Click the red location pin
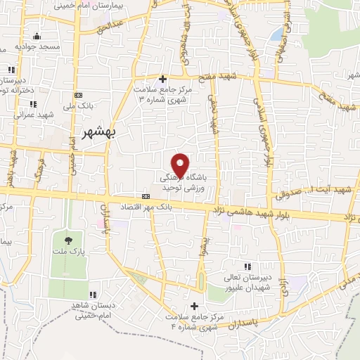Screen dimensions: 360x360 click(x=181, y=165)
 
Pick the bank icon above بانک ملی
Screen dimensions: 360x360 click(x=78, y=96)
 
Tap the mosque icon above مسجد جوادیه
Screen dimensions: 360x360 click(x=37, y=35)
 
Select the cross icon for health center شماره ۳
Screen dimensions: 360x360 click(x=163, y=78)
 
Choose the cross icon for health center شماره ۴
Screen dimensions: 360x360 click(x=195, y=304)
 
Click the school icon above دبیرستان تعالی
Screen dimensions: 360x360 click(x=247, y=266)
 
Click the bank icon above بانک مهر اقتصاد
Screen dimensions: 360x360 click(x=146, y=196)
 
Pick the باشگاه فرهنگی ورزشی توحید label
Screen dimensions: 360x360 click(x=181, y=181)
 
